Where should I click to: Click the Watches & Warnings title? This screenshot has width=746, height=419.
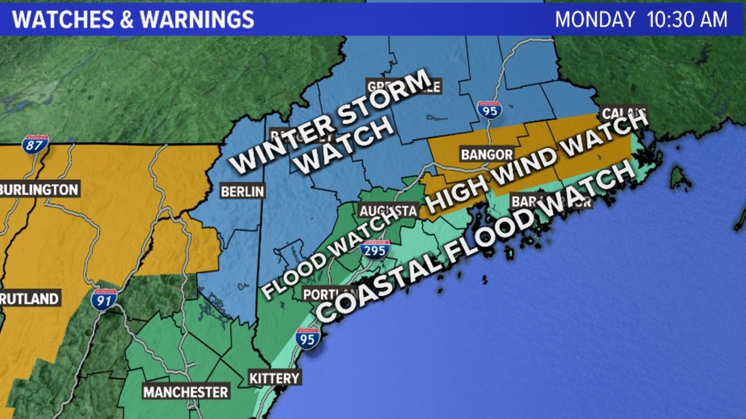pos(133,19)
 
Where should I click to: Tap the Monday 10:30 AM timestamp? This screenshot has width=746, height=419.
pos(641,19)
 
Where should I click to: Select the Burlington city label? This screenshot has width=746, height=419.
pos(39,190)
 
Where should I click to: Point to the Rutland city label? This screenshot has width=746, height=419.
pos(29,299)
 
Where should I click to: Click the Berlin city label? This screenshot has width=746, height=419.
pos(242,192)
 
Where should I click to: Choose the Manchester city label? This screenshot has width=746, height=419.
pos(186,392)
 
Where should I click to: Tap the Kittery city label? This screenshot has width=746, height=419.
pos(274,378)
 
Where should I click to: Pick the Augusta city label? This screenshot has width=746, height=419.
pos(387,211)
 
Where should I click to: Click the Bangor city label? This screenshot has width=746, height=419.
pos(486,155)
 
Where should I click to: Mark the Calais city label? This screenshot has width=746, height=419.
pos(622,112)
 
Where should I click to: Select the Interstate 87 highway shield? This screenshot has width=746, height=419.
pos(35,144)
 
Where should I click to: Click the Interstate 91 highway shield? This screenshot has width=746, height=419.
pos(104,299)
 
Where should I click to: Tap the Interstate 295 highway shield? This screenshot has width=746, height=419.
pos(376,249)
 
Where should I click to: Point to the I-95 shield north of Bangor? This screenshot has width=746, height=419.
pos(489,109)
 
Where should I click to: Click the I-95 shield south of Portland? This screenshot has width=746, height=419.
pos(307,338)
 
